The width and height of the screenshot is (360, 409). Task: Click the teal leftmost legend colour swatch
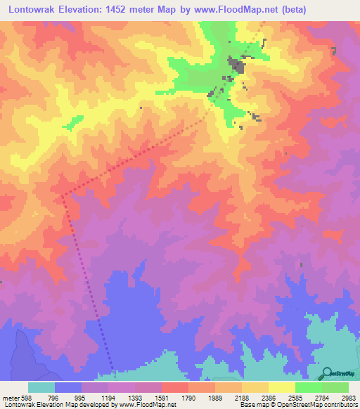(x=41, y=387)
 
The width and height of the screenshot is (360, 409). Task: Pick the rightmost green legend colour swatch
(x=335, y=387)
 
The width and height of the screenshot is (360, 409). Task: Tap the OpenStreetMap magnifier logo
(x=326, y=372)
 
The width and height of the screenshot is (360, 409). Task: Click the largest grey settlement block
(x=236, y=67)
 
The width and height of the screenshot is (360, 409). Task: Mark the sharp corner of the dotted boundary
(x=62, y=195)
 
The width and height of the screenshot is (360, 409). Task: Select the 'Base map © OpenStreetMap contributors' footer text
(x=295, y=405)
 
